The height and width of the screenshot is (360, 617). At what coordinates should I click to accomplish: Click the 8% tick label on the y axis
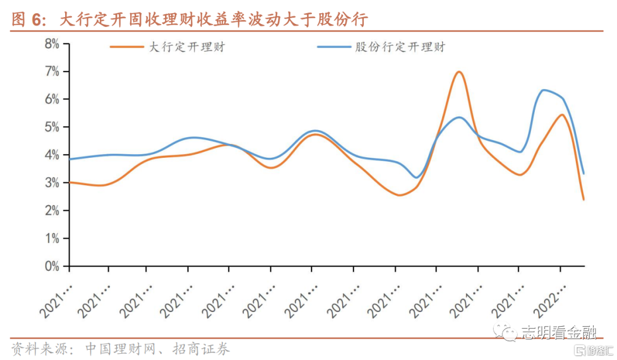click(51, 44)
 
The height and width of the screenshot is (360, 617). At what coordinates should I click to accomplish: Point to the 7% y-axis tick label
click(51, 71)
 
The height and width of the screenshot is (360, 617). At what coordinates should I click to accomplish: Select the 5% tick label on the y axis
click(51, 127)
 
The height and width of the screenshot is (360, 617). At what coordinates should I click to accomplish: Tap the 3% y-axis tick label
click(51, 183)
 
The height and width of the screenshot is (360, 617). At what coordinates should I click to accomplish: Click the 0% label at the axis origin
click(51, 266)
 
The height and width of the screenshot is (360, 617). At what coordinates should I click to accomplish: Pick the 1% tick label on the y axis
click(51, 238)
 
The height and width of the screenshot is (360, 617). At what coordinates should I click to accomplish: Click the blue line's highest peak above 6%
click(543, 90)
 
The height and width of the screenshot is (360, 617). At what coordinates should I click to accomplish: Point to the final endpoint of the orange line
click(583, 199)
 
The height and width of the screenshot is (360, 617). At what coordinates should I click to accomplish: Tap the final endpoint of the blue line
click(583, 173)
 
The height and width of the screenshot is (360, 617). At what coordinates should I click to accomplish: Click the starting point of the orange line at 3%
click(70, 182)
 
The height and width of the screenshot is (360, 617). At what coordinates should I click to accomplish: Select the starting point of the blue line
click(70, 159)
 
